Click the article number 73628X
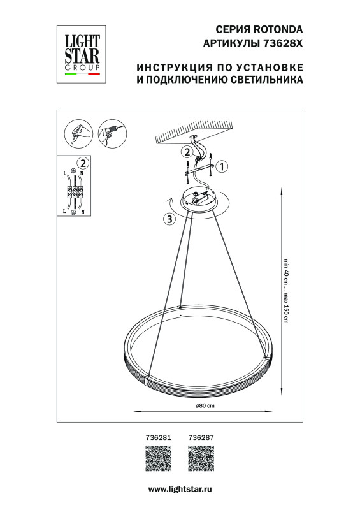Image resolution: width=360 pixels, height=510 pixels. pos(281,42)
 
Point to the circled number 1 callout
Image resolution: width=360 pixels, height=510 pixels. pos(222,167)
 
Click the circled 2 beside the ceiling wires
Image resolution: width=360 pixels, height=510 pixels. pos(186,152)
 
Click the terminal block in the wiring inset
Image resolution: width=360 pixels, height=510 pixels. pos(75,191)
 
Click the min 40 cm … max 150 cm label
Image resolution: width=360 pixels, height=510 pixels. pos(286,293)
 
